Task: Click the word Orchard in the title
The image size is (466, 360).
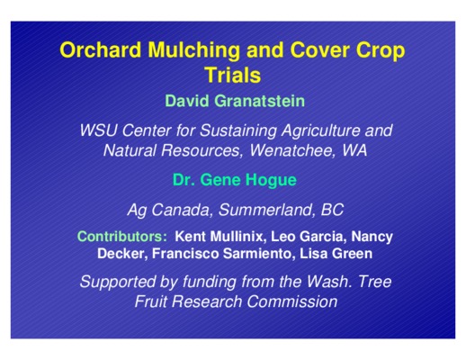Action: (x=101, y=49)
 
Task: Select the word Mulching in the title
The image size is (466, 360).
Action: (x=194, y=50)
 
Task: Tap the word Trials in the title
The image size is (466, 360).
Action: (x=233, y=75)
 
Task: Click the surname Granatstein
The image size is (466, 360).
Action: (x=260, y=101)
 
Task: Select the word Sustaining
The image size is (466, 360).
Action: (x=237, y=131)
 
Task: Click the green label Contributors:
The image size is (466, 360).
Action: (x=122, y=237)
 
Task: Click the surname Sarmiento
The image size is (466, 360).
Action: (x=256, y=254)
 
